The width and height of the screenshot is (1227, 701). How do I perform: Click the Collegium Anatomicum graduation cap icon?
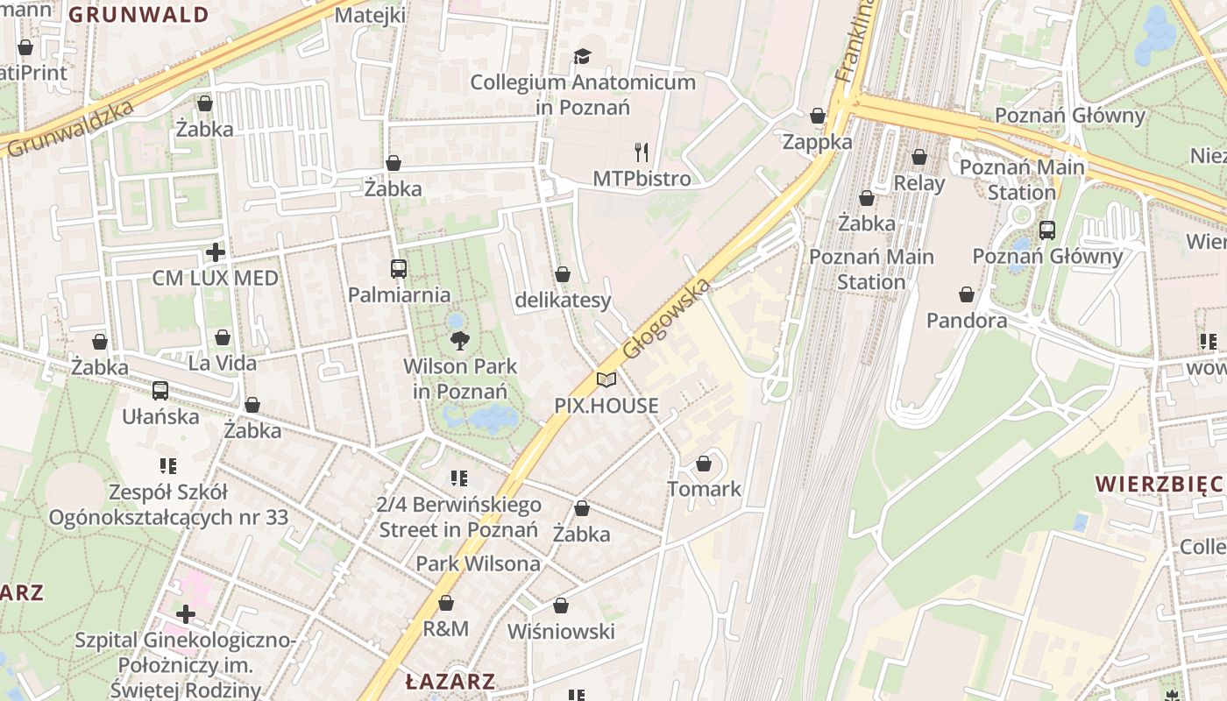(x=583, y=57)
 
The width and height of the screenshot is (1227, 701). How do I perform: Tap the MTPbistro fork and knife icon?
(x=642, y=152)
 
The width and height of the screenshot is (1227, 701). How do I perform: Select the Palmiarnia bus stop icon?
(x=399, y=269)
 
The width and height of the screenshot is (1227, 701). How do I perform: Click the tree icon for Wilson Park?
(x=458, y=340)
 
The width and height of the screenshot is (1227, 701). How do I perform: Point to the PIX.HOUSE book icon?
(x=606, y=379)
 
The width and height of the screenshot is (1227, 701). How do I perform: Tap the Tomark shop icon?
(x=704, y=464)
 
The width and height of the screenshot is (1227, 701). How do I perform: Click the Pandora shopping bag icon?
(x=967, y=294)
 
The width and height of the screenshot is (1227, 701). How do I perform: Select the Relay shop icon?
(x=919, y=158)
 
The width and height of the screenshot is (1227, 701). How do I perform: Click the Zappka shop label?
(x=817, y=142)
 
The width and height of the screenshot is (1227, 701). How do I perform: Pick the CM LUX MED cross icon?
(x=216, y=253)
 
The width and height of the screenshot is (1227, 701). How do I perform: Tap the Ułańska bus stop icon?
(x=160, y=391)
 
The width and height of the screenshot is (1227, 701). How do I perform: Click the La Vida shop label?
(x=223, y=363)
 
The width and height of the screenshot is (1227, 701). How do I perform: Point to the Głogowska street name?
(x=665, y=319)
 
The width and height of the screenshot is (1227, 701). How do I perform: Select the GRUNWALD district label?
(x=138, y=15)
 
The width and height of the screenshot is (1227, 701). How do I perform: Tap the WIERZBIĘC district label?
(x=1158, y=484)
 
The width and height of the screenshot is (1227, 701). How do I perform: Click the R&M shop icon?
(x=446, y=604)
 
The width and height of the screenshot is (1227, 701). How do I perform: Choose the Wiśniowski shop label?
(x=561, y=631)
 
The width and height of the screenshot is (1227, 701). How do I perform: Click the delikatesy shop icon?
(x=563, y=275)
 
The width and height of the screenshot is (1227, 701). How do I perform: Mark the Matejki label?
(x=370, y=16)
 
